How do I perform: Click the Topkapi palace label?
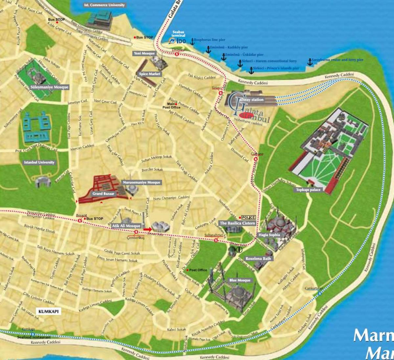click(x=308, y=190)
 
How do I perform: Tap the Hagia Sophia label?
click(x=269, y=235)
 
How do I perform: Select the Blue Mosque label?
click(x=240, y=281)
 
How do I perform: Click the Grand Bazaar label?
click(x=103, y=194)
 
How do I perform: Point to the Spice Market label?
click(x=150, y=74)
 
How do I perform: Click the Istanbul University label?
click(x=39, y=162)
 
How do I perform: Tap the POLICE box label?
click(x=248, y=217)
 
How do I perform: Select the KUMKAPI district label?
click(x=48, y=311)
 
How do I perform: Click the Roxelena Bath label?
click(x=258, y=259)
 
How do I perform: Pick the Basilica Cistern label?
click(x=237, y=223)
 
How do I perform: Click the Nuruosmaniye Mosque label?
click(x=142, y=183)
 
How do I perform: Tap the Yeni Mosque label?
click(x=144, y=54)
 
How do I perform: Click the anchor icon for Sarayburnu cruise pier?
click(x=310, y=62)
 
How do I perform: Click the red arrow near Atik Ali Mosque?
click(x=147, y=229)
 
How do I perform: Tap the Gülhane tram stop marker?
click(x=255, y=159)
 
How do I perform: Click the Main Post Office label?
click(x=171, y=106)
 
